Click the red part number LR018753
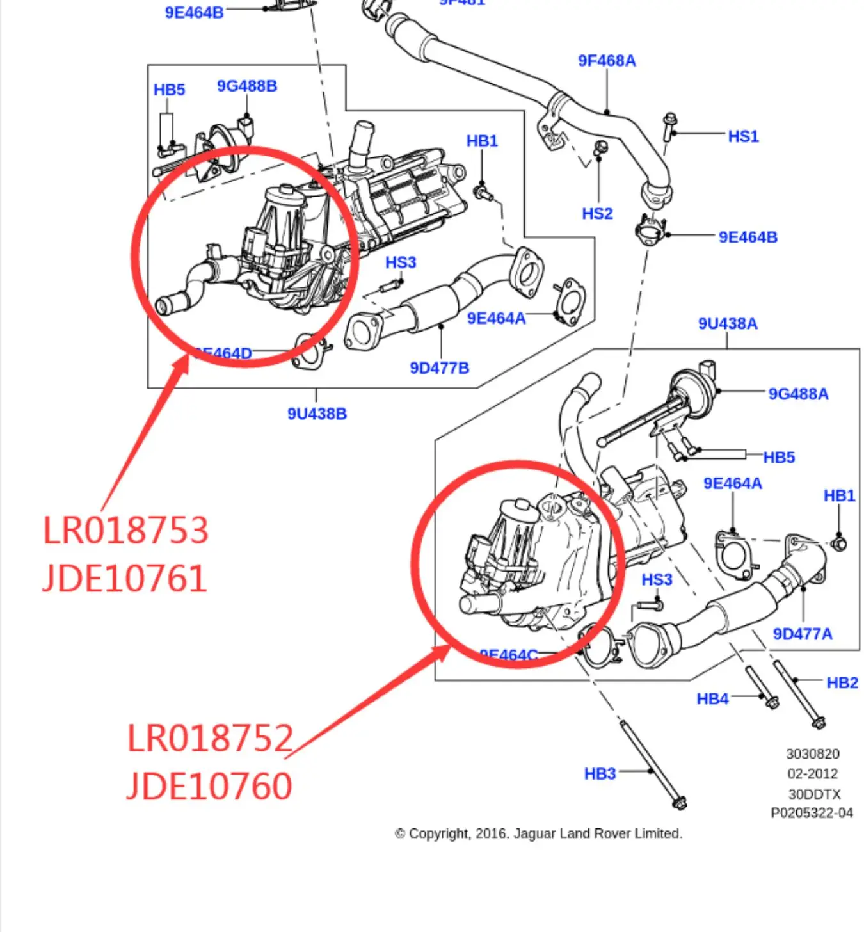click(x=125, y=530)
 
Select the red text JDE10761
click(x=124, y=579)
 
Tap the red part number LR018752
click(x=210, y=738)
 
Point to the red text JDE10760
click(x=209, y=786)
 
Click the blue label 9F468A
click(x=607, y=61)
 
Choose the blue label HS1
click(x=743, y=136)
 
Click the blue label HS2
click(x=597, y=214)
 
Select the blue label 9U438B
click(x=317, y=414)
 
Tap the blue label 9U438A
click(x=728, y=324)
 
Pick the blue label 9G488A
click(x=798, y=394)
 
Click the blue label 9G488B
click(x=246, y=86)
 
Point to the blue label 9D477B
click(x=439, y=368)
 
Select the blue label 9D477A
click(x=803, y=634)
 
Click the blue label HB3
click(x=600, y=774)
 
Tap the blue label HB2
click(x=842, y=683)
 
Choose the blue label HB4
click(x=712, y=699)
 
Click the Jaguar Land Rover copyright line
click(x=538, y=833)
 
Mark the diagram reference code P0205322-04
click(x=812, y=813)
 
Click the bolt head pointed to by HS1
click(x=669, y=120)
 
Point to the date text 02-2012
click(x=812, y=774)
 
